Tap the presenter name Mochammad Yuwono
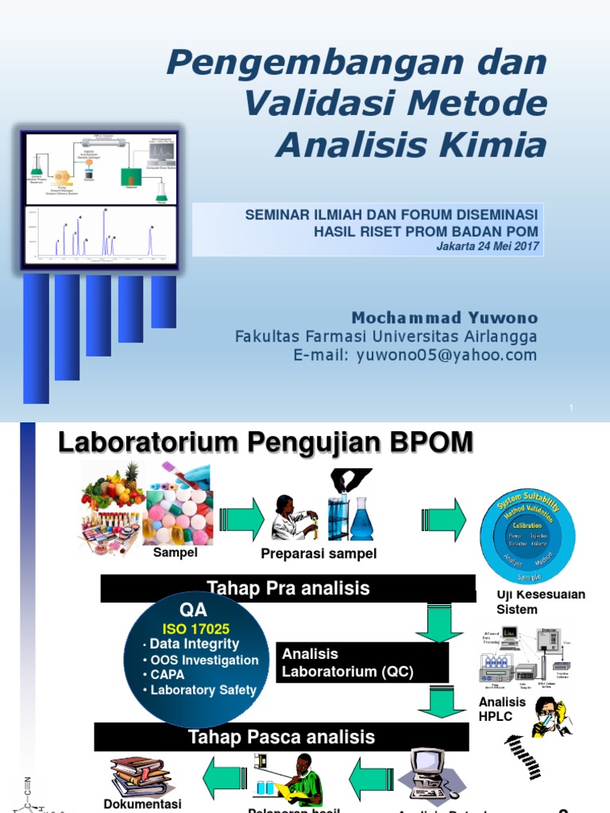[x=444, y=318]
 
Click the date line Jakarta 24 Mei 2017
[x=488, y=246]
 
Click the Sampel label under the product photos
[x=175, y=553]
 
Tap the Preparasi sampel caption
[x=319, y=554]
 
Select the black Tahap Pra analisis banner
[x=288, y=588]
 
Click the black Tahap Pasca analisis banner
[x=281, y=737]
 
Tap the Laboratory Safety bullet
[x=203, y=690]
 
